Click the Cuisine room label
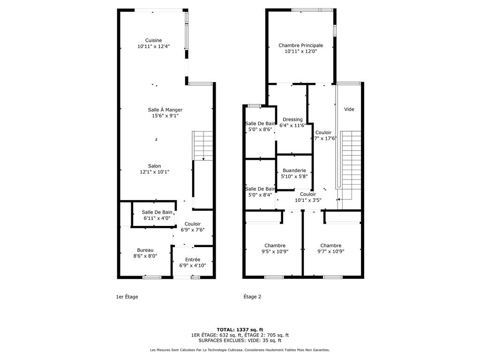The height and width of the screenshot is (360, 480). click(153, 40)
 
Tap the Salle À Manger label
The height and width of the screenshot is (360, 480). click(165, 110)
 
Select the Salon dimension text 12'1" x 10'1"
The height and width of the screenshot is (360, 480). click(154, 172)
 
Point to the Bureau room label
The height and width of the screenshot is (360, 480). click(145, 250)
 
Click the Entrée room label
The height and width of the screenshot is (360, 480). click(193, 260)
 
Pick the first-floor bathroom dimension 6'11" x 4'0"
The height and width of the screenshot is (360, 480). click(157, 218)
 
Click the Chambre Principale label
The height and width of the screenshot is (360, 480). click(300, 45)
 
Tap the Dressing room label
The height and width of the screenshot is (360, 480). click(292, 120)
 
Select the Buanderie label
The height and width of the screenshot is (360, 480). click(294, 171)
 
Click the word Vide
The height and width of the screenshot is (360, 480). click(349, 109)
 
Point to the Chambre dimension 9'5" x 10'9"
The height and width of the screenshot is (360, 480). click(275, 252)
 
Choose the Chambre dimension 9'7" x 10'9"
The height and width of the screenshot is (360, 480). click(330, 252)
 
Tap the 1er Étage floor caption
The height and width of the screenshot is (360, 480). click(127, 297)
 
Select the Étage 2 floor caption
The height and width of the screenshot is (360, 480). click(252, 297)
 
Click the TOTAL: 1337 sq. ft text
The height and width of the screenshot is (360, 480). click(240, 330)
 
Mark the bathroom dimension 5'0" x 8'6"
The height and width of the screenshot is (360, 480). click(260, 129)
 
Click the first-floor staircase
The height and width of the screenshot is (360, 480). click(202, 146)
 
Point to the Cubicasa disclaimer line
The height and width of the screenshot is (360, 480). click(240, 350)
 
